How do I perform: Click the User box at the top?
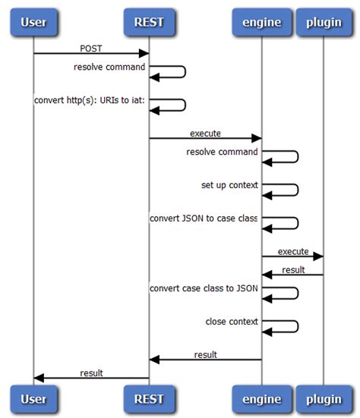coord(33,22)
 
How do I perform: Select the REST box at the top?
coord(149,22)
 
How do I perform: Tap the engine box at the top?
coord(261,22)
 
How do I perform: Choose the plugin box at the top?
coord(324,22)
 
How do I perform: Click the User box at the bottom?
coord(33,398)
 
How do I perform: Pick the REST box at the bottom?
coord(149,398)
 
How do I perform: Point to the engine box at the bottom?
coord(261,398)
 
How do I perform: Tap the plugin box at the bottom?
coord(324,398)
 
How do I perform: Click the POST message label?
coord(91,49)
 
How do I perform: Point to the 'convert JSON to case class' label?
coord(204,218)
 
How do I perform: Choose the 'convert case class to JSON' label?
coord(204,288)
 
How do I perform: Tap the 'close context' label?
coord(232,322)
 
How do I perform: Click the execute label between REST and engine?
coord(205,133)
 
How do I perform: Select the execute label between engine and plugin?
coord(292,250)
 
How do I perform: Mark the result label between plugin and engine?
coord(293,269)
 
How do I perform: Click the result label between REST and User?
coord(91,372)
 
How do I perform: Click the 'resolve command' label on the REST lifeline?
coord(109,67)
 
